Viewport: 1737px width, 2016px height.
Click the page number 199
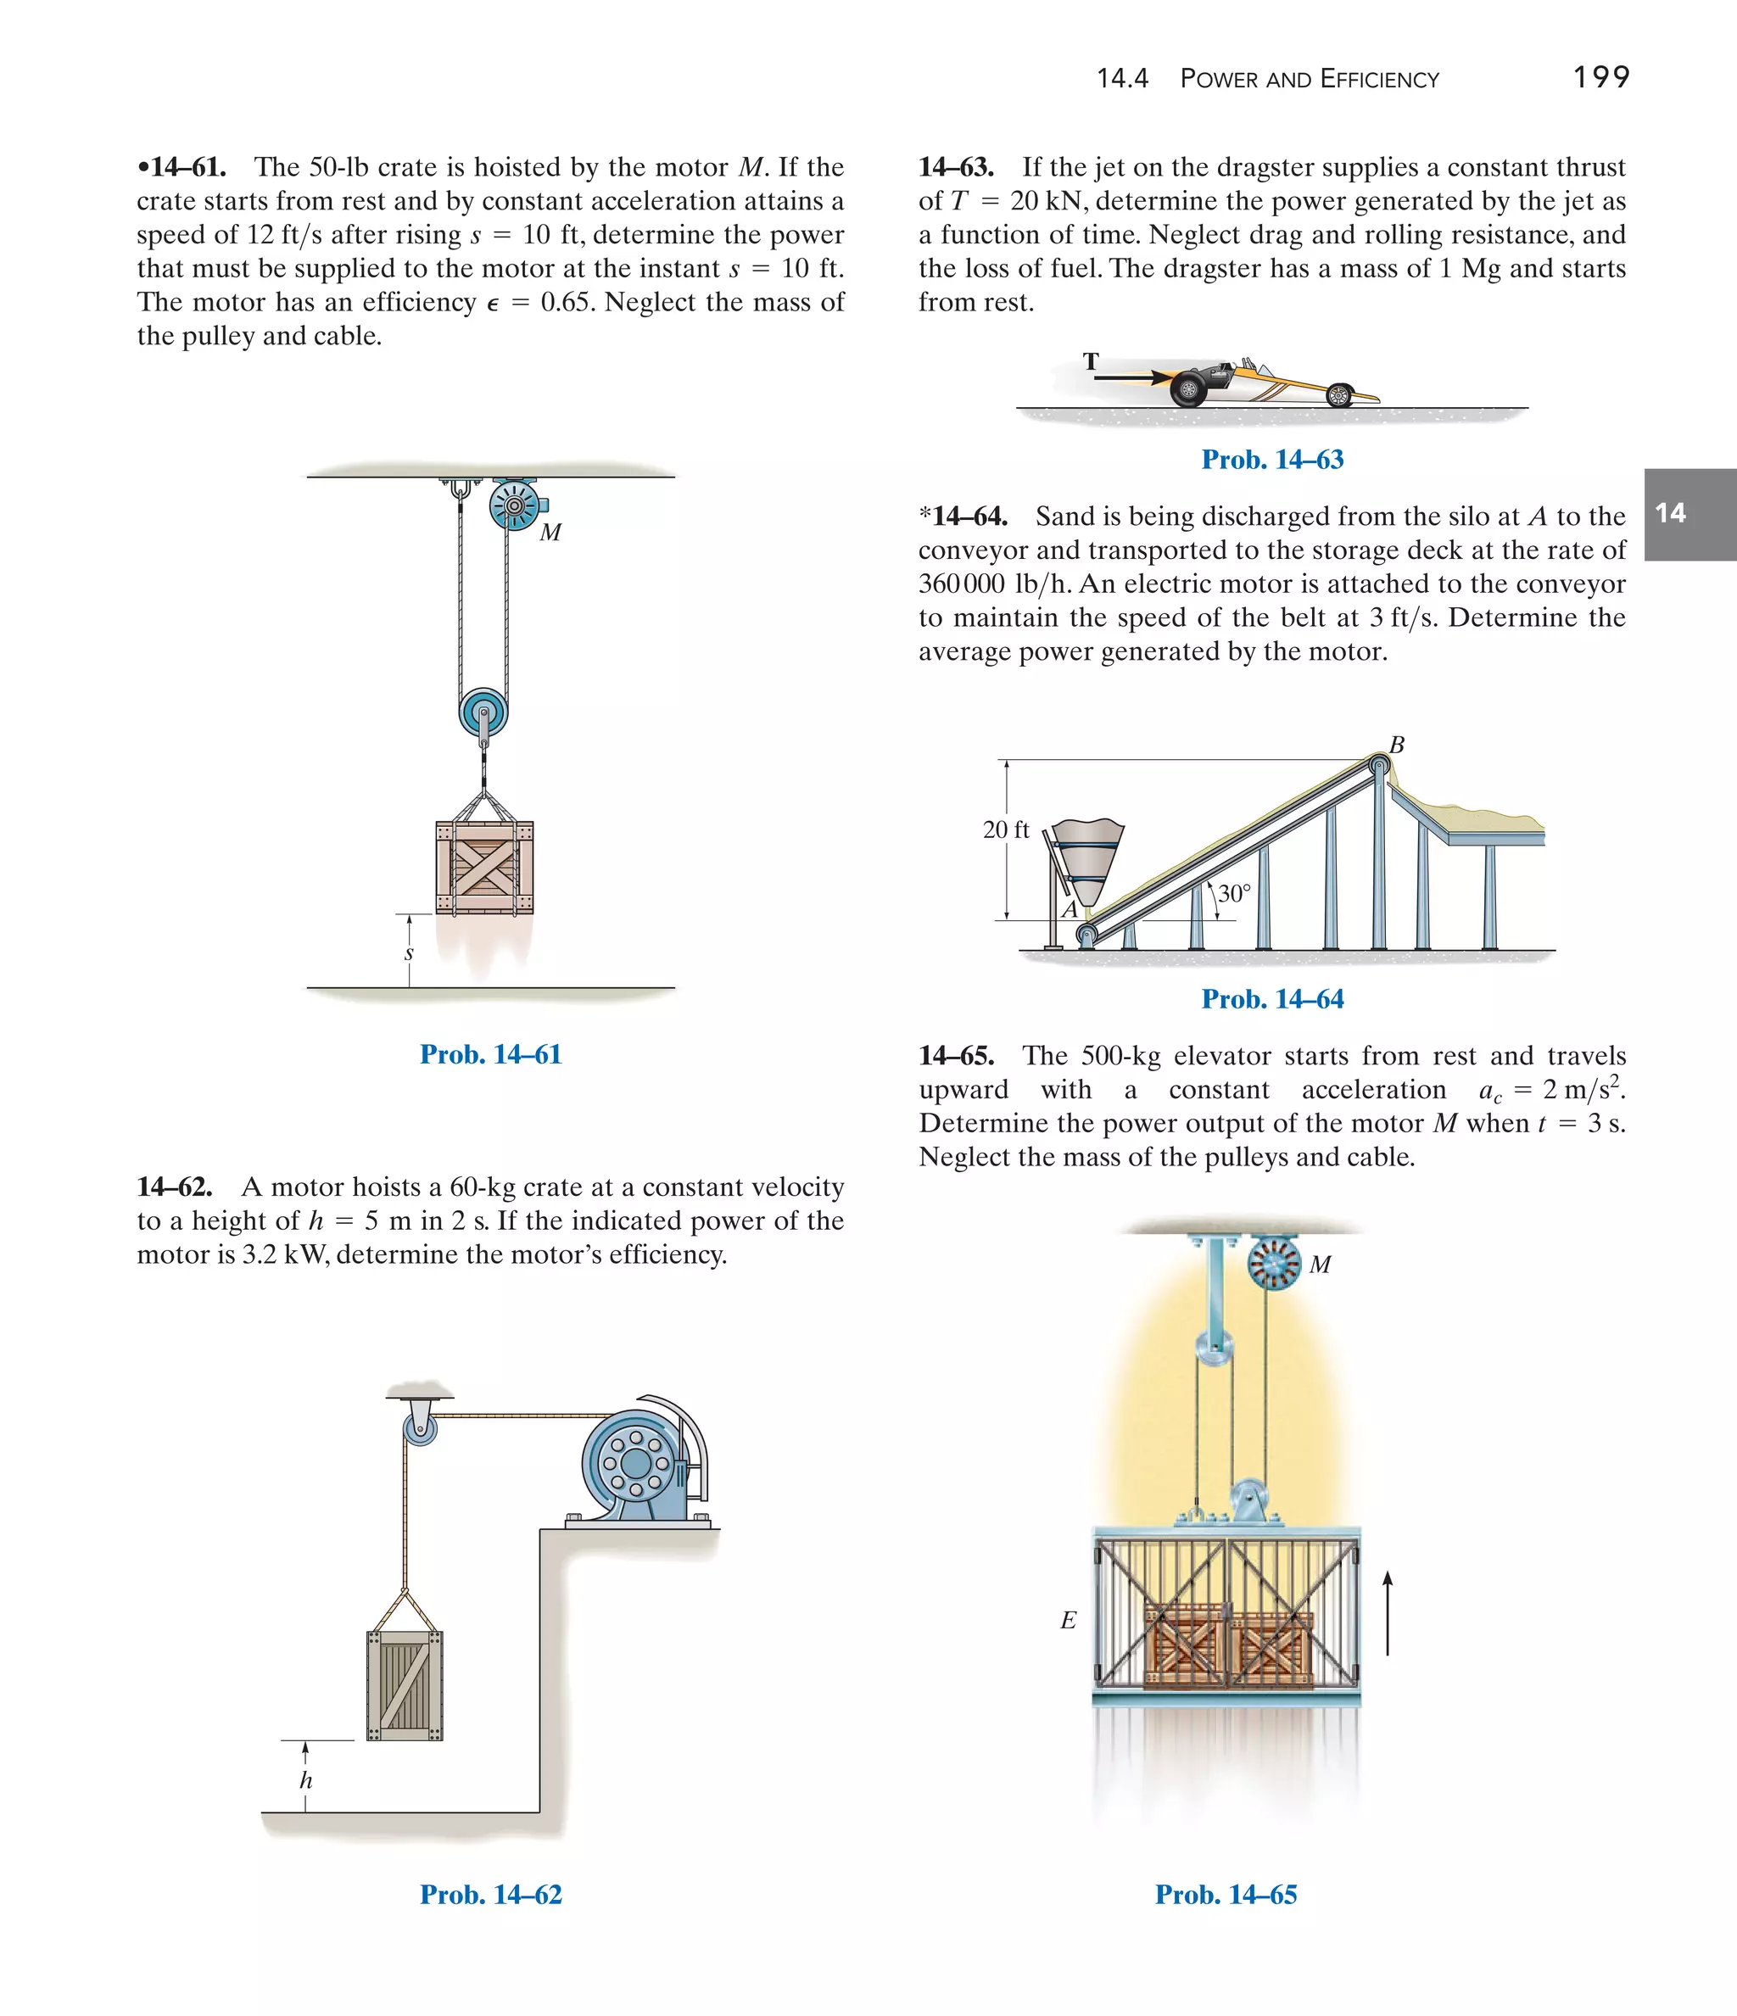[1600, 77]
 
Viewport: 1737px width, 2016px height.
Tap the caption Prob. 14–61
[490, 1055]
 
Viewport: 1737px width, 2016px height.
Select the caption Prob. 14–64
[1272, 999]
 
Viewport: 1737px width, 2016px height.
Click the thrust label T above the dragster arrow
[1091, 362]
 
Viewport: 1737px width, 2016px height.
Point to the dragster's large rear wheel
[1188, 389]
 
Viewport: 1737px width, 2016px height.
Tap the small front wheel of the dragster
[1339, 394]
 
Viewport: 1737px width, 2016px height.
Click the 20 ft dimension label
[1005, 830]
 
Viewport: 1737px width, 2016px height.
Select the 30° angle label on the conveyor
[1234, 893]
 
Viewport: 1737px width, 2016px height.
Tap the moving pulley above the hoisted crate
[483, 713]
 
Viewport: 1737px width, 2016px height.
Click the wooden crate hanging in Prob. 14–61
[484, 868]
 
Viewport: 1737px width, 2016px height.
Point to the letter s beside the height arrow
[409, 953]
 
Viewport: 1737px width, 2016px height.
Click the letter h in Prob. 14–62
[305, 1780]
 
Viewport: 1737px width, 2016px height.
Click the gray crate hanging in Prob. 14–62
[405, 1685]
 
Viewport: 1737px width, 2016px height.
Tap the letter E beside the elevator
[1068, 1620]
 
